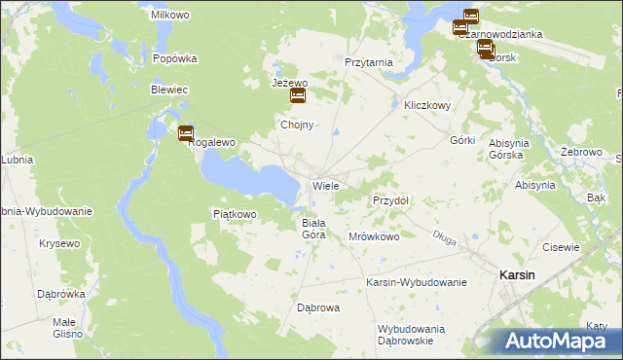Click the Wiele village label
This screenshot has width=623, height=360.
coord(324,185)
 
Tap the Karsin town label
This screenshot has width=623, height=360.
coord(516,275)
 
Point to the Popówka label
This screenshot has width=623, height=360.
coord(175,58)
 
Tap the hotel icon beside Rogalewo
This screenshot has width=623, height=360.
coord(186,134)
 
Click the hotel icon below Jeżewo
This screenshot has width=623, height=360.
coord(298,96)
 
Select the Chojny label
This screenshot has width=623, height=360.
coord(296,126)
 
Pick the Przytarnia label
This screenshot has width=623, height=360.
coord(369,61)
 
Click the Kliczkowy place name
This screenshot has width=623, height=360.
coord(426,105)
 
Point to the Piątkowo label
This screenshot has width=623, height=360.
coord(234,214)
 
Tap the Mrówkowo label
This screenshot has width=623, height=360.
coord(374,236)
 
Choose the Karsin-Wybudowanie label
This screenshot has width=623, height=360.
coord(416,282)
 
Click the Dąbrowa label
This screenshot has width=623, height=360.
coord(317,308)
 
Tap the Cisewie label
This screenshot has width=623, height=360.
coord(561,247)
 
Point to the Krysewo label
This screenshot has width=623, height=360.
coord(59,243)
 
